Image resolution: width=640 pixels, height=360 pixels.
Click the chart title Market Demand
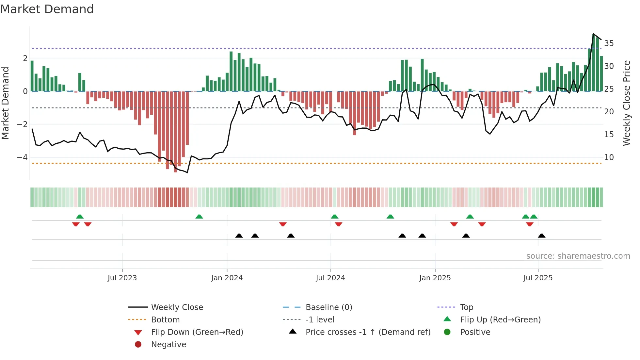point(47,9)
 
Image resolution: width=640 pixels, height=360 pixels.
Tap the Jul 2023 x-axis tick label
point(122,278)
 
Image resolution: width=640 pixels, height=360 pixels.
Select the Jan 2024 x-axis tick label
point(227,278)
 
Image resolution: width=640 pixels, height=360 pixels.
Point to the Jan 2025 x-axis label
point(435,278)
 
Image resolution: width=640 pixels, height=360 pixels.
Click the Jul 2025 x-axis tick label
point(538,278)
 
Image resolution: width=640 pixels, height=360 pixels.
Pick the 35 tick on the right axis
point(609,43)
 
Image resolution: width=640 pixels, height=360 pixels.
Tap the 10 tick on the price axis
point(609,157)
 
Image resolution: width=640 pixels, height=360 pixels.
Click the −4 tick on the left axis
point(22,157)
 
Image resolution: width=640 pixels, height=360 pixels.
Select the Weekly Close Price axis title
point(627,103)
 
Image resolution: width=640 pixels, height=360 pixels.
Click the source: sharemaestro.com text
point(578,256)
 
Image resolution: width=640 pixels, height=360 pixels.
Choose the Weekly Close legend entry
point(177,307)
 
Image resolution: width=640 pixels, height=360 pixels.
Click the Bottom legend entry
point(165,320)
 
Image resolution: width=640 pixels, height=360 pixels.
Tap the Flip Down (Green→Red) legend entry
point(197,332)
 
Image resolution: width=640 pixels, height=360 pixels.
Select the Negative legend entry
point(168,345)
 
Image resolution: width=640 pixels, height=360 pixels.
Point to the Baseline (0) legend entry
point(328,307)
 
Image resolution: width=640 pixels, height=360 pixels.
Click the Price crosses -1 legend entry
point(368,332)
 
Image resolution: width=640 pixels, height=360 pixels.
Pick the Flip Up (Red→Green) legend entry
point(500,320)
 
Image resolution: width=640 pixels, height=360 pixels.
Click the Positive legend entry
point(475,332)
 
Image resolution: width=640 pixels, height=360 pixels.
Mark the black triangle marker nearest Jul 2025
point(541,236)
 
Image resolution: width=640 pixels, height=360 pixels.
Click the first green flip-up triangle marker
point(80,217)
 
